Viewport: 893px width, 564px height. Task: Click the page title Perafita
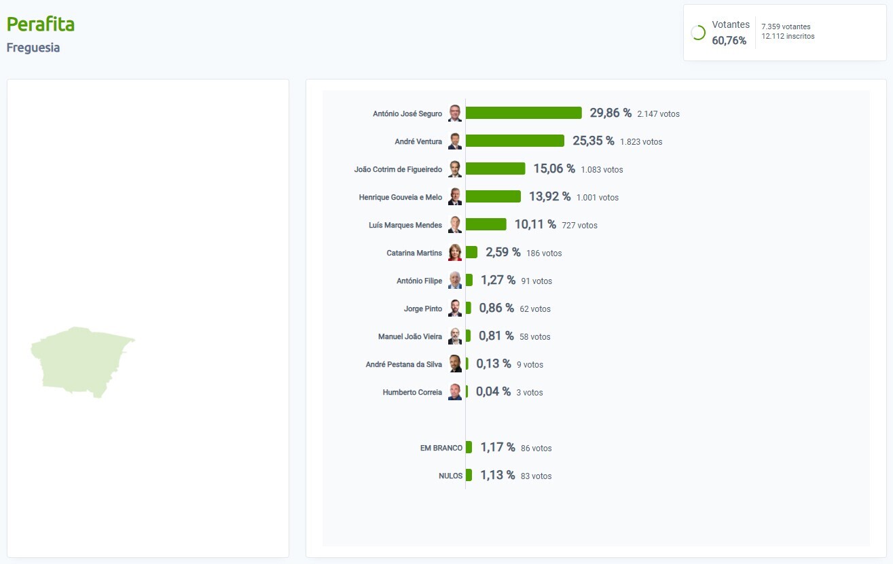tap(41, 24)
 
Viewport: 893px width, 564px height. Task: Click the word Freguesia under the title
tap(33, 48)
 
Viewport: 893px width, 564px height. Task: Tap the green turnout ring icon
tap(698, 33)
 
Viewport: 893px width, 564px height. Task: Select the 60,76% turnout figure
tap(729, 41)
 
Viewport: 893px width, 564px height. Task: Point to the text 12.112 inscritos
tap(788, 36)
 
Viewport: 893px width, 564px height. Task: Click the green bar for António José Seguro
tap(524, 113)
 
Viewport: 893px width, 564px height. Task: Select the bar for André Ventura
tap(515, 141)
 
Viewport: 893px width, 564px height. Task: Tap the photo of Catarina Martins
tap(455, 253)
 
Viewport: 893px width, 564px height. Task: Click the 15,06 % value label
tap(554, 169)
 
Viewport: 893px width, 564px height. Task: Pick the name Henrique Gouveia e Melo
tap(401, 197)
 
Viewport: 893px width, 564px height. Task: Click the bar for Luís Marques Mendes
tap(486, 224)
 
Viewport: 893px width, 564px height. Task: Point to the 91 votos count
tap(536, 281)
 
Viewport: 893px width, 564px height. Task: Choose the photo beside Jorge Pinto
tap(455, 309)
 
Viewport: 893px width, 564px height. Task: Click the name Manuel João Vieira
tap(410, 336)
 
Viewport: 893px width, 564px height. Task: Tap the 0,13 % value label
tap(494, 364)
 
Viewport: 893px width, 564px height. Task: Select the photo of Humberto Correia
tap(455, 392)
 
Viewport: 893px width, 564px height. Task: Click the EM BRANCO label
tap(441, 448)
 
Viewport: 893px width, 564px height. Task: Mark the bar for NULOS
tap(469, 475)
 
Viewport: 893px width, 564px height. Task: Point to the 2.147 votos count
tap(658, 113)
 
